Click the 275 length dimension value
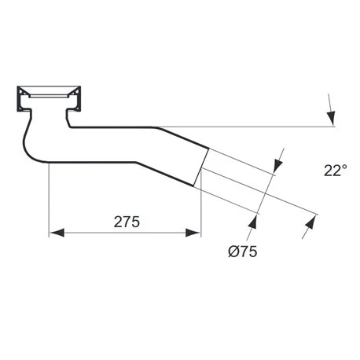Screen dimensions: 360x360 [x=126, y=222]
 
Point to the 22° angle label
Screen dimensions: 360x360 [x=334, y=170]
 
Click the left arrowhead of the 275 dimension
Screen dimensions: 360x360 [x=57, y=232]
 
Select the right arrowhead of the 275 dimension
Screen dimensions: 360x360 [x=194, y=232]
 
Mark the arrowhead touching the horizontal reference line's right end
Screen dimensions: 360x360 [x=332, y=118]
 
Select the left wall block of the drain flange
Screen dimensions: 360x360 [x=21, y=98]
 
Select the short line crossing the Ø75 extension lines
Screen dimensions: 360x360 [x=266, y=189]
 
